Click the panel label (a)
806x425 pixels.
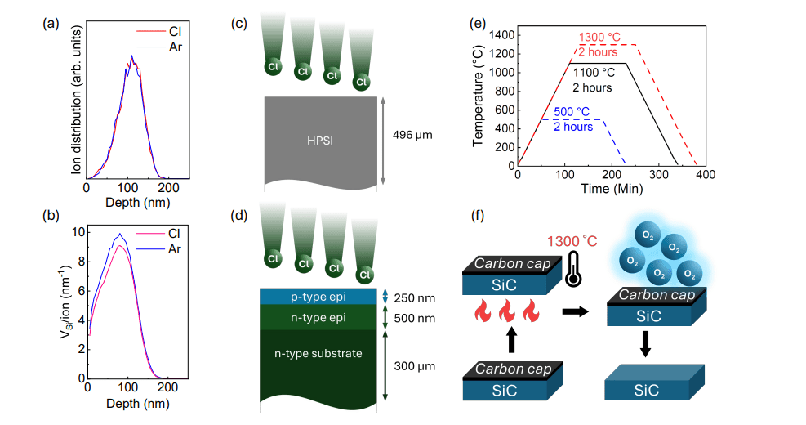click(51, 24)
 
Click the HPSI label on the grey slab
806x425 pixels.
click(320, 141)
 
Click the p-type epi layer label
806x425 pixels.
click(320, 297)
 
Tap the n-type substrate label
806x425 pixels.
click(320, 353)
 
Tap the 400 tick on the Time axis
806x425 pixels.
click(706, 176)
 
